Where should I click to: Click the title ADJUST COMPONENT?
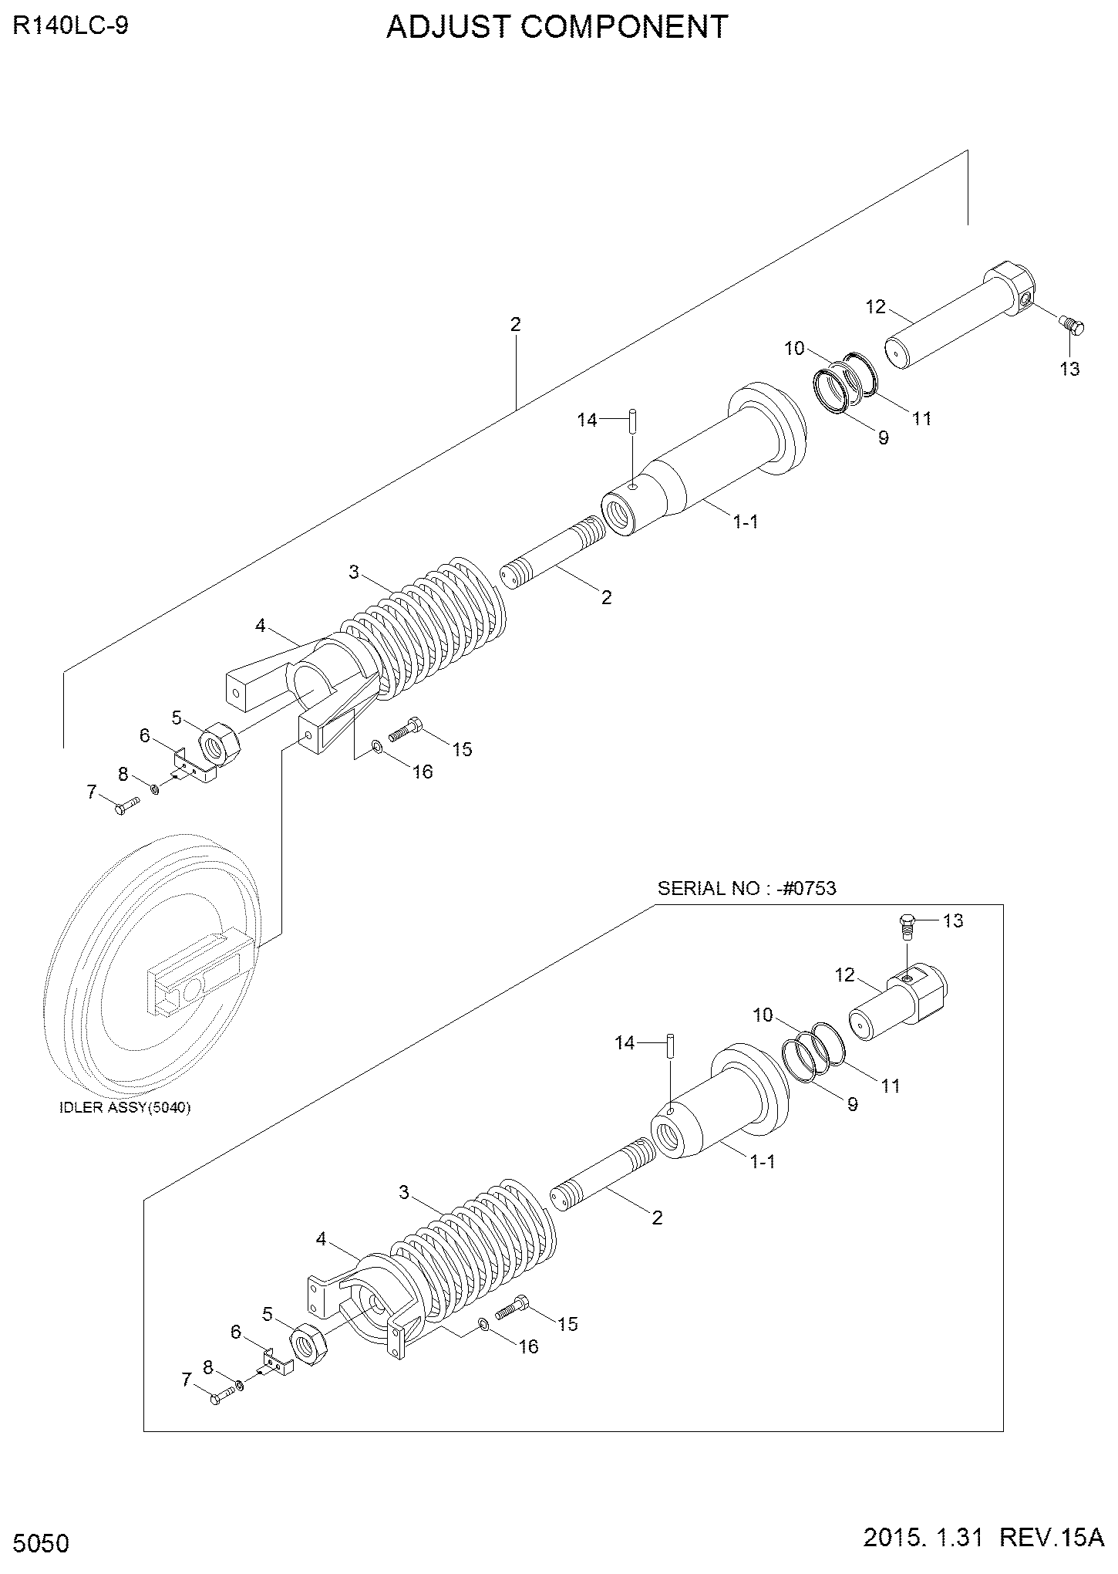[x=557, y=28]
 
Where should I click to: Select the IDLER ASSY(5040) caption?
[x=126, y=1107]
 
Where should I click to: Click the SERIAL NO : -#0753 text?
[x=746, y=888]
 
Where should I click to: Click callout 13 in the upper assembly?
[x=1070, y=369]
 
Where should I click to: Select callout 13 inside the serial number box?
[x=953, y=920]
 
